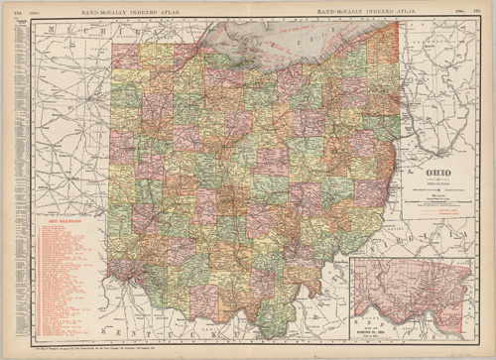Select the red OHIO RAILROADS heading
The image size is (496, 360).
[x=61, y=220]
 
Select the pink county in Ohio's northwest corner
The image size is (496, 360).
[x=125, y=55]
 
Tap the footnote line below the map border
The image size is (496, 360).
[x=99, y=350]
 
